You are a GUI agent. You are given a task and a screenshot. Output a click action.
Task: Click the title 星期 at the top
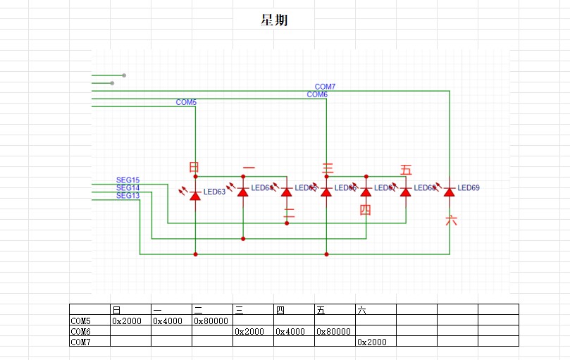(x=273, y=20)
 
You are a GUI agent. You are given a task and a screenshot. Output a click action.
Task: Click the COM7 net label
(x=325, y=87)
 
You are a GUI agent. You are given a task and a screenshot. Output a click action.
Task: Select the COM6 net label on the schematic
(x=317, y=94)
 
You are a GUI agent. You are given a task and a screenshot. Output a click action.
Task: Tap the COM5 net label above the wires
(x=186, y=102)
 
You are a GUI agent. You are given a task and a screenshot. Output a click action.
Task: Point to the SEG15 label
(x=128, y=180)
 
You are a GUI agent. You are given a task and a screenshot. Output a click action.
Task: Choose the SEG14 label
(x=128, y=188)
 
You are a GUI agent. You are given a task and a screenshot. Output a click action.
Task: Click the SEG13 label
(x=128, y=196)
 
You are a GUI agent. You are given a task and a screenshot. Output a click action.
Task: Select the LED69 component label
(x=469, y=188)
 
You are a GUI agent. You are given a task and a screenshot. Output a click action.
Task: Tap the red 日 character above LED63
(x=194, y=167)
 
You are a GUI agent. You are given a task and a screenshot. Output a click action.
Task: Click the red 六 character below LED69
(x=451, y=221)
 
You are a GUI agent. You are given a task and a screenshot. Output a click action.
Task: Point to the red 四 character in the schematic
(x=365, y=209)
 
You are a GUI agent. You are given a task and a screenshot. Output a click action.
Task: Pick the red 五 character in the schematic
(x=406, y=170)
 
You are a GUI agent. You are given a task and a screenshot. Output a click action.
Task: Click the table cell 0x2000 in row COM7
(x=371, y=342)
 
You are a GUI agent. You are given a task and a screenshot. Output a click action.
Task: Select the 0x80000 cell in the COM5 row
(x=211, y=321)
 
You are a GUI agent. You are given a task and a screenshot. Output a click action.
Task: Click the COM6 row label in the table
(x=81, y=331)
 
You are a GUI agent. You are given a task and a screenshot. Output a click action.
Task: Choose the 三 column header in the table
(x=240, y=310)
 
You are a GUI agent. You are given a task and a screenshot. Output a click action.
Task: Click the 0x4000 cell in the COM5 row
(x=168, y=321)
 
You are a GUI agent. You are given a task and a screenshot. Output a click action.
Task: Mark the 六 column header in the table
(x=362, y=310)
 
